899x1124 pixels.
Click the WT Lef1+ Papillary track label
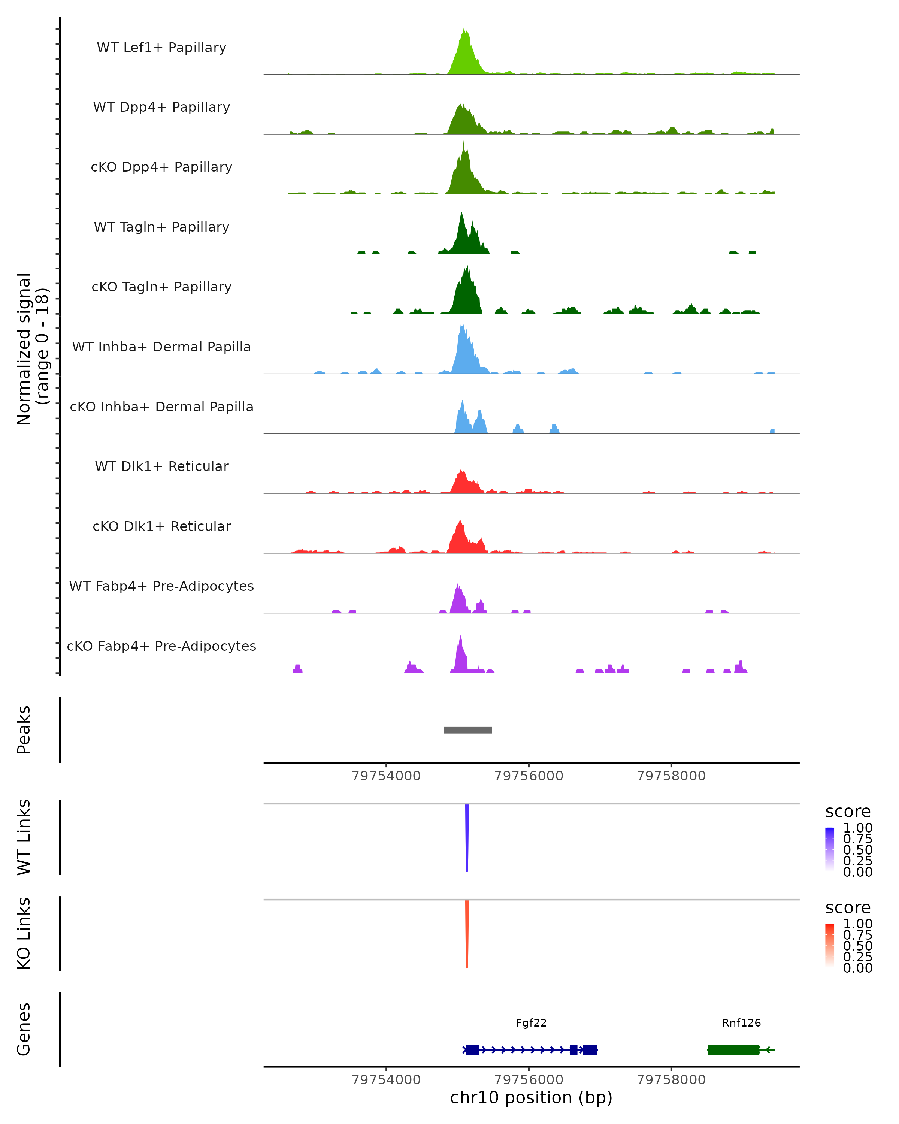coord(161,48)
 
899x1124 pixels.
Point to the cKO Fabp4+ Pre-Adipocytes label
coord(161,646)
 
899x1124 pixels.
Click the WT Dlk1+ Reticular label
coord(161,466)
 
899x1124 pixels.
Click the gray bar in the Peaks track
coord(467,730)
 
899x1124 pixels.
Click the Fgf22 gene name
coord(531,1023)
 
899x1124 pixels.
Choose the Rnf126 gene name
coord(741,1023)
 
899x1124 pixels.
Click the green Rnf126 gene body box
coord(733,1049)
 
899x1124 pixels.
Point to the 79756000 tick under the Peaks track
coord(529,776)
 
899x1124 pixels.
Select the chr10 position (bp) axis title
coord(531,1098)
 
